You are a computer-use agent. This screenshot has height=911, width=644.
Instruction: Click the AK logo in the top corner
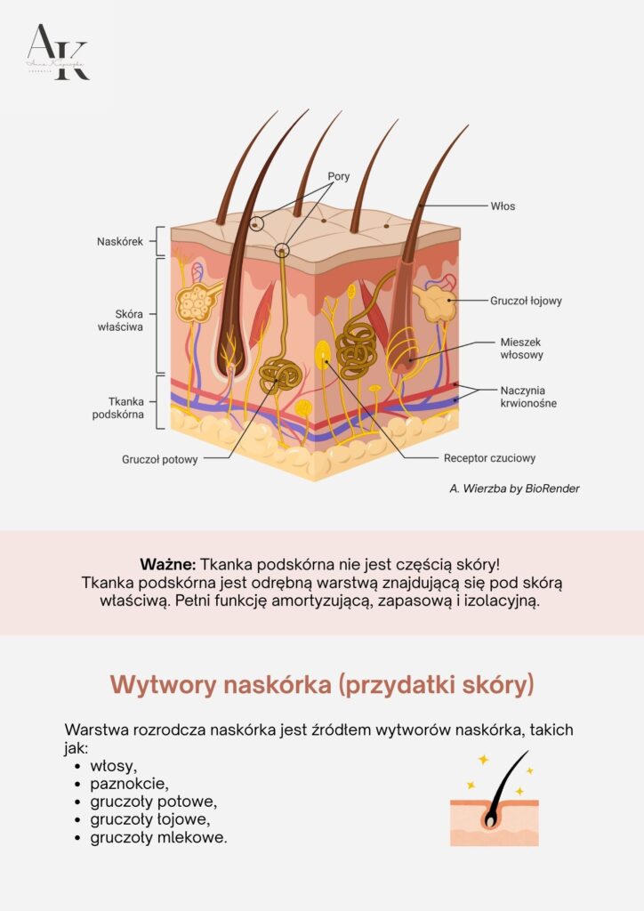coord(58,52)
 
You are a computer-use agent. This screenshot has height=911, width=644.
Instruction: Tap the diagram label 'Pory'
coord(338,176)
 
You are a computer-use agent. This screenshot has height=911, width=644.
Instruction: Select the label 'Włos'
coord(503,206)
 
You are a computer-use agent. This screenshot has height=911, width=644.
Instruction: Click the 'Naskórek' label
coord(120,241)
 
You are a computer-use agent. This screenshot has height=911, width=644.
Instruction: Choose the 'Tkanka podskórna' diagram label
coord(118,407)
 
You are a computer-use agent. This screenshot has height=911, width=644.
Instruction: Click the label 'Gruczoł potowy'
coord(160,459)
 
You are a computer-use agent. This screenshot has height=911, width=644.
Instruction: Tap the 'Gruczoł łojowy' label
coord(526,301)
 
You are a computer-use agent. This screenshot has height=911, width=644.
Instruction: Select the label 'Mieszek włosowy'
coord(520,348)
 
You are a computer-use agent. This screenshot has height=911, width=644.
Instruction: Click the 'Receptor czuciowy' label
coord(489,459)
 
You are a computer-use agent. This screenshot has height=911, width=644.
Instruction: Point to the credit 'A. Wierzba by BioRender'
coord(515,488)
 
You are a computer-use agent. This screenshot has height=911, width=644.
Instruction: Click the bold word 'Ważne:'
coord(168,564)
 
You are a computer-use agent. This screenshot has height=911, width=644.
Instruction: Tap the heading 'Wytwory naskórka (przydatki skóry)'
coord(322,684)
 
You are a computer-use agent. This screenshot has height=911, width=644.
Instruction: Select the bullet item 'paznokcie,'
coord(129,784)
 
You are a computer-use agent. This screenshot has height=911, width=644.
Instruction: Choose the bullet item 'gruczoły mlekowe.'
coord(158,837)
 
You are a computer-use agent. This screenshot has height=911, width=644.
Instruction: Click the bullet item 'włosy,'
coord(114,766)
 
